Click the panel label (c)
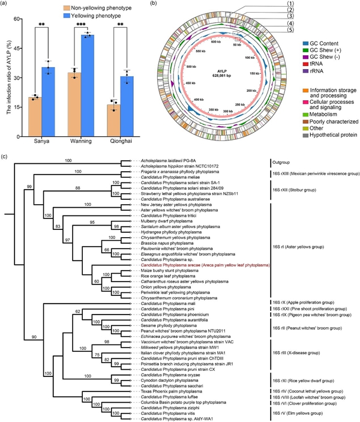coord(5,157)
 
